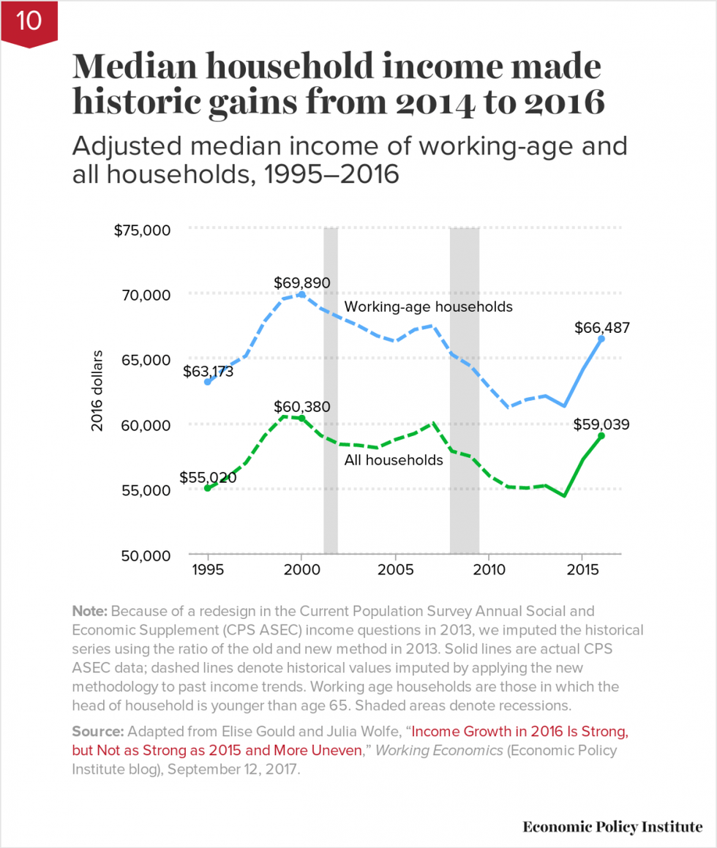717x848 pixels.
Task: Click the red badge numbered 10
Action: coord(29,22)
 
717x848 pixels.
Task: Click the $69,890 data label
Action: coord(302,282)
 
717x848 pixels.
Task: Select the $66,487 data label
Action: coord(601,327)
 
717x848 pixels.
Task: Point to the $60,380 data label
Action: coord(302,406)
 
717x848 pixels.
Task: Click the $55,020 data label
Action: coord(208,477)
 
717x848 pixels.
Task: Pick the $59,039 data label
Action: coord(601,424)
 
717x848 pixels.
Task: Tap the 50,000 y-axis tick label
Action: coord(145,555)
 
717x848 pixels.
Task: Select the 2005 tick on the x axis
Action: coord(395,570)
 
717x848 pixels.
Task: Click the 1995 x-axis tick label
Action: coord(208,570)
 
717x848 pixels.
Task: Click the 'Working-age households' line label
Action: coord(428,307)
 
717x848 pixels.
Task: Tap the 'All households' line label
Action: coord(394,460)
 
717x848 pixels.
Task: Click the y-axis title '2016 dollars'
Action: coord(97,391)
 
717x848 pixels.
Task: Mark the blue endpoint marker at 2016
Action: coord(601,339)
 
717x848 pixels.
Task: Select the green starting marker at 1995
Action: coord(208,488)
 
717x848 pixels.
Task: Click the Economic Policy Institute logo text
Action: coord(612,827)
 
